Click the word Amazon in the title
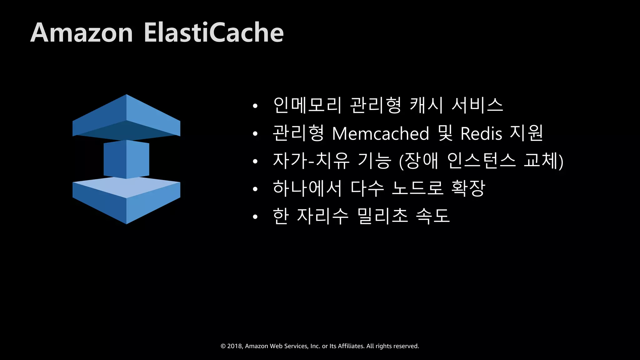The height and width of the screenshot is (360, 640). click(82, 33)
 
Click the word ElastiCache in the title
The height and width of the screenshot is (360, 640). click(213, 33)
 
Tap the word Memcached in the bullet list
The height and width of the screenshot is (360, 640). click(380, 134)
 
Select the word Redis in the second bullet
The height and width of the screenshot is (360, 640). click(481, 134)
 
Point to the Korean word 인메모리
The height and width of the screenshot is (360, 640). click(307, 105)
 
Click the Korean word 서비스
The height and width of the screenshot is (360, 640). click(477, 105)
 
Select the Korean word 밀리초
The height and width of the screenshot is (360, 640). click(382, 216)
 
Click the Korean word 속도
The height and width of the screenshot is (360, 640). click(433, 216)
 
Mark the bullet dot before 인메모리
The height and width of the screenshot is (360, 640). click(255, 106)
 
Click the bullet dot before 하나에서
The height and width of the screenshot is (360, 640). click(255, 189)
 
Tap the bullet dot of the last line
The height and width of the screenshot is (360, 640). click(255, 217)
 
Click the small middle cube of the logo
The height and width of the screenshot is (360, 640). click(126, 159)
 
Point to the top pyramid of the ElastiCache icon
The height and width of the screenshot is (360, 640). click(126, 117)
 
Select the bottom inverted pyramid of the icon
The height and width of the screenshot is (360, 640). click(126, 200)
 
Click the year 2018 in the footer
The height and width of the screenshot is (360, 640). click(234, 346)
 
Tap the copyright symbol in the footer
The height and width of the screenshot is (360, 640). click(223, 346)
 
